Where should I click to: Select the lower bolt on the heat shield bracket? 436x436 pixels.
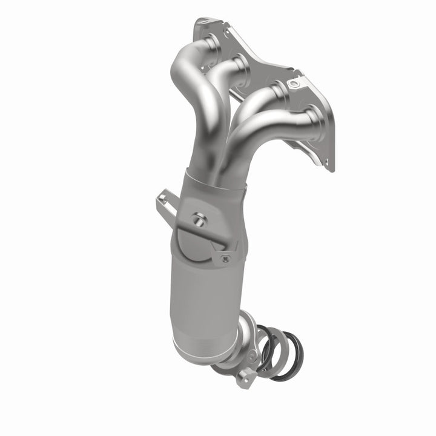click(225, 258)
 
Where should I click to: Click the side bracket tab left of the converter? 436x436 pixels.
click(165, 199)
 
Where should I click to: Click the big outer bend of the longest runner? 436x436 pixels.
click(182, 67)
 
